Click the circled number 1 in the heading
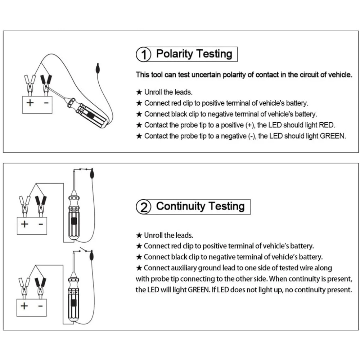pyautogui.click(x=143, y=55)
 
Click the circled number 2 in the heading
pyautogui.click(x=143, y=208)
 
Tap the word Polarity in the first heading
pyautogui.click(x=175, y=54)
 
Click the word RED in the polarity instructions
pyautogui.click(x=327, y=125)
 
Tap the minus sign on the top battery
pyautogui.click(x=46, y=103)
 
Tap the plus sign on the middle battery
pyautogui.click(x=24, y=224)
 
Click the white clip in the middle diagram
pyautogui.click(x=24, y=202)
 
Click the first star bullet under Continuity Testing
pyautogui.click(x=139, y=235)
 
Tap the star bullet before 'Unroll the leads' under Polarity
pyautogui.click(x=139, y=92)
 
